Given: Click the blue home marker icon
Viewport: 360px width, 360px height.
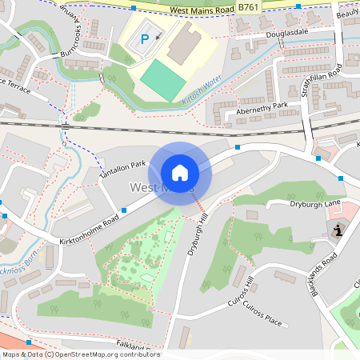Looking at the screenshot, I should click(x=180, y=172).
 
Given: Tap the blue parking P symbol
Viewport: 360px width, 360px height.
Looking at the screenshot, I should click(x=145, y=38).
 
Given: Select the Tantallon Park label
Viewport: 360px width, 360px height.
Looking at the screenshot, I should click(x=122, y=167).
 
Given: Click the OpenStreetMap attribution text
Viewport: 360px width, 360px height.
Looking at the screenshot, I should click(x=80, y=354).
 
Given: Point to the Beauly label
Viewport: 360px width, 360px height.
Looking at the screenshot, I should click(x=347, y=13).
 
